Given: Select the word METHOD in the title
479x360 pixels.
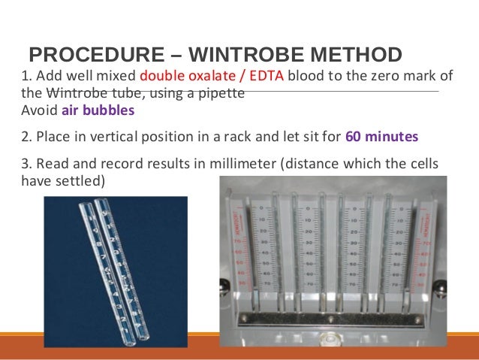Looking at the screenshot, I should coord(352,56).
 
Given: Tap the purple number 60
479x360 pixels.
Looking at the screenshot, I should coord(353,138).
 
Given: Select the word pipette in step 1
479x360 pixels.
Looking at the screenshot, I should coord(224,94).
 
